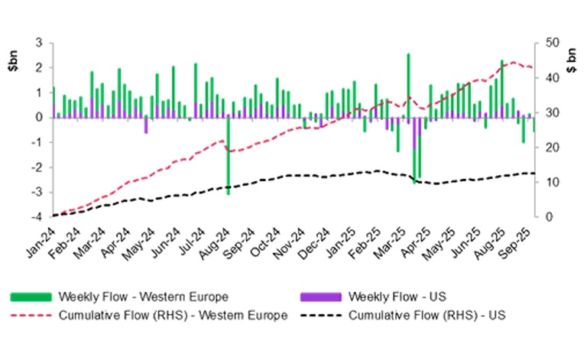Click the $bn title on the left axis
pos(13,56)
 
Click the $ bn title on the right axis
pos(572,56)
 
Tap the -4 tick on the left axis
pos(37,217)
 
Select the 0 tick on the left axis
pos(38,118)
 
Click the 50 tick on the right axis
pos(549,43)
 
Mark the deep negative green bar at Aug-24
pos(228,156)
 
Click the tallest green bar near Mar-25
pos(408,85)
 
